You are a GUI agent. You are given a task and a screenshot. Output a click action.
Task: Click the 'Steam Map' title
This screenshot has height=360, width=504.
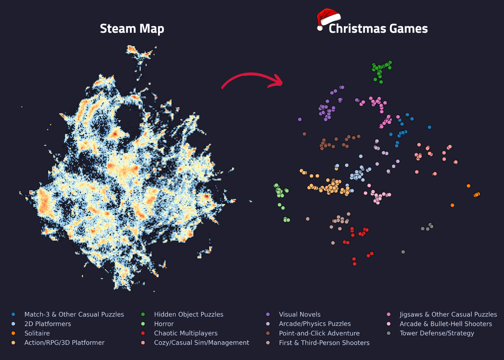(x=132, y=28)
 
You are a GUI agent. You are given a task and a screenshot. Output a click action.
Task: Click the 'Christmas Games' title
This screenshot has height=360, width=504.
(x=378, y=28)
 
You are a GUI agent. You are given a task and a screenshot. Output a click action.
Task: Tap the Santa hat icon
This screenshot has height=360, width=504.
(x=328, y=18)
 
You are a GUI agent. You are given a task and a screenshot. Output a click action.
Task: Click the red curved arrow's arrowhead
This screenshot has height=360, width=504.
(x=278, y=81)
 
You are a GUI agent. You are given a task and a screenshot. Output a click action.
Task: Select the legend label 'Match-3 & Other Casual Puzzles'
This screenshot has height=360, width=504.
(x=74, y=314)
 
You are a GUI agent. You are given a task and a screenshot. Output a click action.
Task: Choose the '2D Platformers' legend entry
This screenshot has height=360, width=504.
(x=48, y=324)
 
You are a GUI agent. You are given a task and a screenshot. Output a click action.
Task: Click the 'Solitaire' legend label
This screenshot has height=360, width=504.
(x=37, y=333)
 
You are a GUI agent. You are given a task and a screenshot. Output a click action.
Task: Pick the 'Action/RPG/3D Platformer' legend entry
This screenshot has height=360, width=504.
(x=64, y=342)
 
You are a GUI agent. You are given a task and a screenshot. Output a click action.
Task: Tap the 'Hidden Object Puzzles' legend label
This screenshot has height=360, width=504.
(x=189, y=314)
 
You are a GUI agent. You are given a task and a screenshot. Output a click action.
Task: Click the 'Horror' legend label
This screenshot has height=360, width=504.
(x=164, y=324)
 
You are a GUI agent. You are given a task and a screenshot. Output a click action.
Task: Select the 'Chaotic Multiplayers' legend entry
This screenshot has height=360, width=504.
(x=186, y=333)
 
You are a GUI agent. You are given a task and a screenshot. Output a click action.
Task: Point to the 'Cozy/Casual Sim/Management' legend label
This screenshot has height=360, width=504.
(x=201, y=342)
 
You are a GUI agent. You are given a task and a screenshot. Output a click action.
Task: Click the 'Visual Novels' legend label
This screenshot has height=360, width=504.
(x=300, y=314)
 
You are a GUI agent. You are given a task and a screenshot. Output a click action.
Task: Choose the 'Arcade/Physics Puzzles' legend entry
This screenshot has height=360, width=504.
(x=315, y=324)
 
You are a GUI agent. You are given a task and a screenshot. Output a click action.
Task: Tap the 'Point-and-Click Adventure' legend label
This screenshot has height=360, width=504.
(x=319, y=333)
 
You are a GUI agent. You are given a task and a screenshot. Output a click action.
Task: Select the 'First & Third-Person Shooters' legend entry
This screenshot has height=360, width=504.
(x=324, y=342)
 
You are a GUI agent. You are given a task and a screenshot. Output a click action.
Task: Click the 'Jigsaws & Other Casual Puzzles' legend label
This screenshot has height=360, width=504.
(x=448, y=314)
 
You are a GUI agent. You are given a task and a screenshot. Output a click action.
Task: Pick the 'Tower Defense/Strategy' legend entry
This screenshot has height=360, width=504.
(x=437, y=333)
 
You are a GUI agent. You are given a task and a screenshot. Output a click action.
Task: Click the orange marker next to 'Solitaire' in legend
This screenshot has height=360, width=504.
(x=13, y=333)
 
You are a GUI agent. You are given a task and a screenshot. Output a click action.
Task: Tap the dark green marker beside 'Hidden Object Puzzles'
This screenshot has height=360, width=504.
(x=143, y=314)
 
